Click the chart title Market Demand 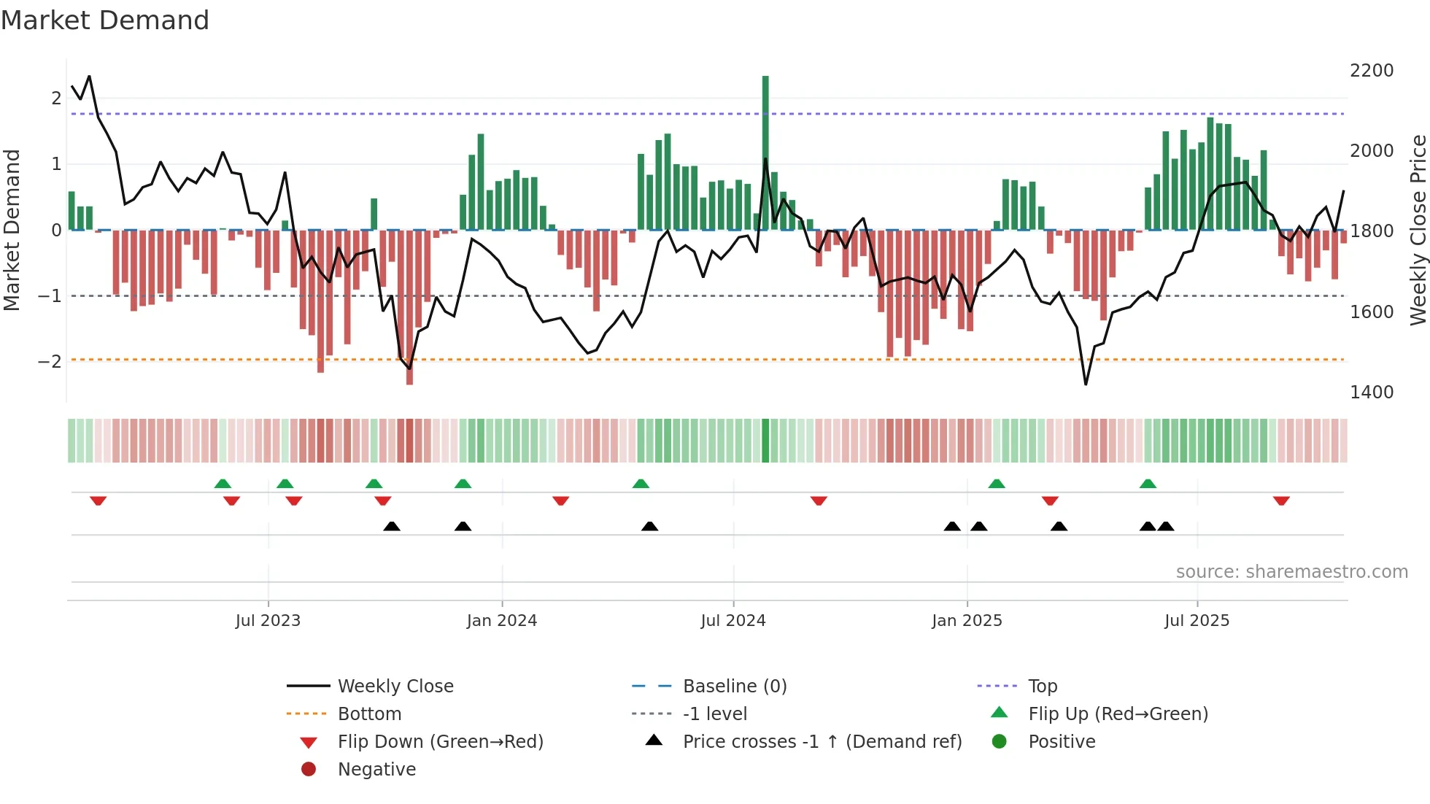tap(105, 20)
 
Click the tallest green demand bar tap(765, 153)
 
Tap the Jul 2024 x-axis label tap(733, 621)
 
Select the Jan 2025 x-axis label tap(967, 621)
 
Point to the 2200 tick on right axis tap(1372, 71)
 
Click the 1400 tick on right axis tap(1372, 393)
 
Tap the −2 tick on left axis tap(50, 362)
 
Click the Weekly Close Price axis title tap(1418, 230)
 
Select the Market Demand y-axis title tap(12, 230)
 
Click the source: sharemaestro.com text tap(1291, 572)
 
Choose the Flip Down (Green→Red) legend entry tap(440, 742)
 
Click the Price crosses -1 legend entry tap(822, 742)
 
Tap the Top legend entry tap(1043, 687)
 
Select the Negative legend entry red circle tap(309, 770)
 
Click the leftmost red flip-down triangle tap(98, 500)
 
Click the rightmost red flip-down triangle tap(1281, 500)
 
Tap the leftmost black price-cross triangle tap(392, 526)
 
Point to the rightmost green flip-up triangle tap(1148, 484)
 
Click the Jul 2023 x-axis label tap(268, 621)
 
